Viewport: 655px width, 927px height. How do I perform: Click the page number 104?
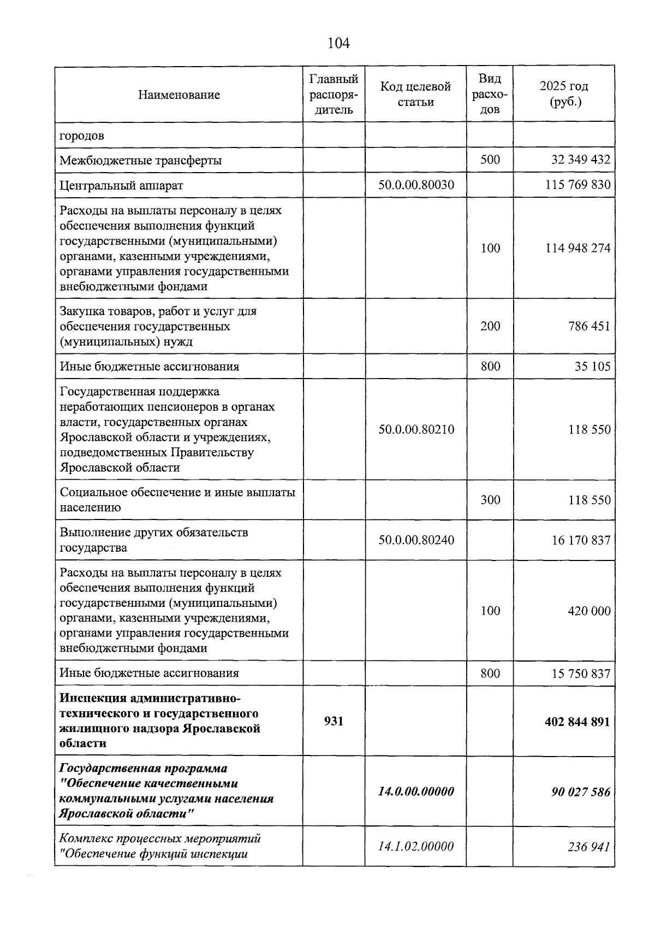coord(338,43)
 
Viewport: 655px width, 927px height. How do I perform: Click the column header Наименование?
coord(179,95)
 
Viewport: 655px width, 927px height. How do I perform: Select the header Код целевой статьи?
coord(415,94)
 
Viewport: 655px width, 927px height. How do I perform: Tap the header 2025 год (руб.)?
coord(564,94)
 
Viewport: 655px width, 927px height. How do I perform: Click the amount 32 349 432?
coord(581,160)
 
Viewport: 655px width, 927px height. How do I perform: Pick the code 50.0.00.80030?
coord(416,185)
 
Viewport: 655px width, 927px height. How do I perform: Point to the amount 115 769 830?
coord(577,185)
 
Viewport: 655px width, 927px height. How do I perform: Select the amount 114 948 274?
coord(577,248)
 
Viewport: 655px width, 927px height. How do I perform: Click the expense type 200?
coord(490,326)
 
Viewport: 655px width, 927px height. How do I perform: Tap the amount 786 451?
coord(588,326)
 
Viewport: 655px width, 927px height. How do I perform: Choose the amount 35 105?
coord(592,366)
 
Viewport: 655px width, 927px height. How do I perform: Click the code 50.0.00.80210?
coord(416,429)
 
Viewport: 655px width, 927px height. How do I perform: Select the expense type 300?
coord(490,500)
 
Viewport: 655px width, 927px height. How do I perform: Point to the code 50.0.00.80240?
coord(416,540)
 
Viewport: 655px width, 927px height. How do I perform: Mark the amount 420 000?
coord(589,611)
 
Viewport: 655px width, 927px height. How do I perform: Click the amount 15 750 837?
coord(581,673)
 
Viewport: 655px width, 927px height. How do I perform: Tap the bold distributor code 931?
coord(334,721)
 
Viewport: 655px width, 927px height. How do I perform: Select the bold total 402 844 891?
coord(577,722)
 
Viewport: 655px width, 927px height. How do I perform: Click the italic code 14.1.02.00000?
coord(416,846)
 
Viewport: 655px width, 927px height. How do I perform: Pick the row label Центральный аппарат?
coord(121,185)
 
